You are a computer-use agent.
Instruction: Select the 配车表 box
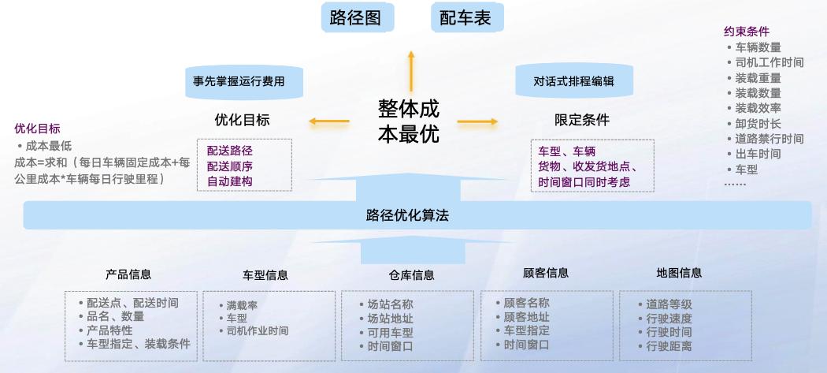(x=465, y=17)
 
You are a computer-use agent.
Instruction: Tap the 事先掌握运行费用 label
(x=239, y=81)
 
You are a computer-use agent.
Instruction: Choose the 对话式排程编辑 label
(x=573, y=81)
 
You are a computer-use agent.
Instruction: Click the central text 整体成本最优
(x=408, y=121)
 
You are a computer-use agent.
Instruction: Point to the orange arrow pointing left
(x=328, y=121)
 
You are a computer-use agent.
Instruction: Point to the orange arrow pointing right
(x=477, y=121)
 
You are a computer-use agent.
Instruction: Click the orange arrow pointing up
(x=410, y=69)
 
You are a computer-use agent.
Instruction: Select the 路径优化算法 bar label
(x=408, y=214)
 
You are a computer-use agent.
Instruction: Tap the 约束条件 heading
(x=746, y=32)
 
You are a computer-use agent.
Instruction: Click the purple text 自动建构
(x=230, y=181)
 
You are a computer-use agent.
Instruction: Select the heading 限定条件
(x=582, y=120)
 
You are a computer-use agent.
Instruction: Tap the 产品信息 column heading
(x=128, y=274)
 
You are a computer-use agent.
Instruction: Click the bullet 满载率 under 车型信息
(x=243, y=304)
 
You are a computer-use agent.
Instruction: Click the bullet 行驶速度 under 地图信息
(x=669, y=318)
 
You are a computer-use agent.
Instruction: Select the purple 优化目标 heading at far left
(x=37, y=129)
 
